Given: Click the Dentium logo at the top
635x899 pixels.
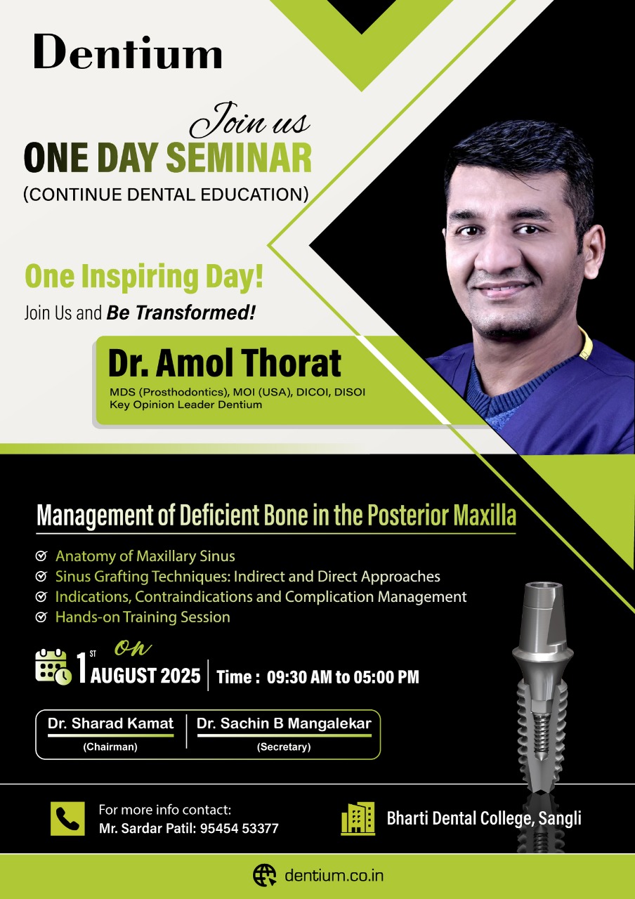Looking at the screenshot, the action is click(x=128, y=52).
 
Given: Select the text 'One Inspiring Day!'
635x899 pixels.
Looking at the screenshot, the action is click(x=144, y=277).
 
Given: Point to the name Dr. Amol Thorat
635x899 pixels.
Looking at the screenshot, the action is click(x=225, y=363).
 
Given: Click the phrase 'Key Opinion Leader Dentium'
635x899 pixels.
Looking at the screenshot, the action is click(x=186, y=405).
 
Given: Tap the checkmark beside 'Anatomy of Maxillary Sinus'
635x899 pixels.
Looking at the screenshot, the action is click(x=41, y=556).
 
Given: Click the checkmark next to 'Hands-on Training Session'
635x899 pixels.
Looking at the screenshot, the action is click(x=41, y=617).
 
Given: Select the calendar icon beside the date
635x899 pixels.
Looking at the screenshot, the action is click(x=53, y=667).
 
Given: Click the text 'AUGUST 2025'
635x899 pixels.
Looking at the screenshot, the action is click(x=145, y=676).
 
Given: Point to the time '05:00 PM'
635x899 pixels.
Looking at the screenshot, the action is click(x=386, y=677).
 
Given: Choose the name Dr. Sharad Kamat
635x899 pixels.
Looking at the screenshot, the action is click(x=110, y=723).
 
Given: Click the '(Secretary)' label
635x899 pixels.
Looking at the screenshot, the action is click(x=284, y=747).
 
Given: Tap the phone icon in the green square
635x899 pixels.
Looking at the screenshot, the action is click(x=67, y=819).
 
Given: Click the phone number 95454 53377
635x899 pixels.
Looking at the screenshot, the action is click(x=240, y=828).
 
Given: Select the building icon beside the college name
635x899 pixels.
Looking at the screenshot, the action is click(x=358, y=819).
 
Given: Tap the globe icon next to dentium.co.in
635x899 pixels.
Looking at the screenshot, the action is click(x=265, y=875).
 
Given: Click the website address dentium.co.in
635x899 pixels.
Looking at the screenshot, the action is click(x=334, y=875).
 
